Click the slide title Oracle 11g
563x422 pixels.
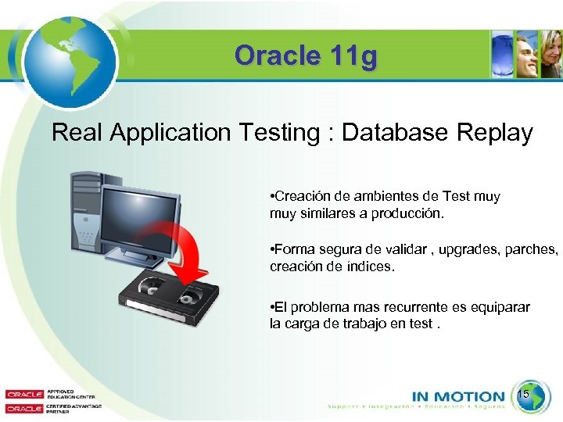coord(305,56)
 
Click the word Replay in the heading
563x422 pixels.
coord(492,132)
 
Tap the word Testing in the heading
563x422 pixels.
coord(274,133)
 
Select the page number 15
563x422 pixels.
coord(524,395)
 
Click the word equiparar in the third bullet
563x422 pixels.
coord(496,308)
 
